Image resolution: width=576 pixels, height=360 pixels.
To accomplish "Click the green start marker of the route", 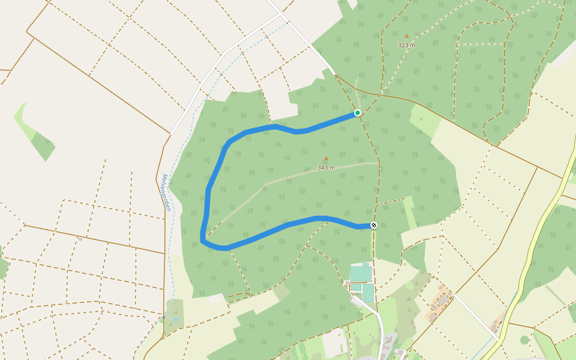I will tap(358, 113).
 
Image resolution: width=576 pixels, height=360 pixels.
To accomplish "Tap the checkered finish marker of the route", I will tap(374, 226).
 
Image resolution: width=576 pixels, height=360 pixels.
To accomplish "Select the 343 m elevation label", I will tap(326, 168).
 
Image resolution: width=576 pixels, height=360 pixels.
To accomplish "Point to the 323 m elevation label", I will tap(406, 45).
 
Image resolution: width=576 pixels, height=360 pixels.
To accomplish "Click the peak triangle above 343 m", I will tap(326, 159).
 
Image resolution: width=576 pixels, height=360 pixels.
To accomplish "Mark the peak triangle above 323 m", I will tap(406, 36).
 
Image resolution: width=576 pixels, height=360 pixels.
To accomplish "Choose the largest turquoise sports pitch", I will tap(361, 274).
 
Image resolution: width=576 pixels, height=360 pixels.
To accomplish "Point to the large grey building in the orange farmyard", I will tap(443, 300).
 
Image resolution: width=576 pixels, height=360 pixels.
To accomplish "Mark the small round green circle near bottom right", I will tap(524, 340).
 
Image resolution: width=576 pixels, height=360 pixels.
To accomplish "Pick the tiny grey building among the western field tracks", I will tap(80, 239).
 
